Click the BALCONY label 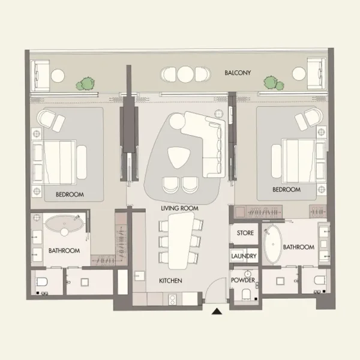[238, 73]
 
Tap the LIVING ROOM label [179, 208]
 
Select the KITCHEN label [170, 281]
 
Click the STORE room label [245, 233]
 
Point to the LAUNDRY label [244, 256]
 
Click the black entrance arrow [217, 310]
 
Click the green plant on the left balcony [88, 83]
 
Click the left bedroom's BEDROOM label [70, 194]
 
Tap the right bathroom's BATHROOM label [299, 247]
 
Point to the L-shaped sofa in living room [207, 141]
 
